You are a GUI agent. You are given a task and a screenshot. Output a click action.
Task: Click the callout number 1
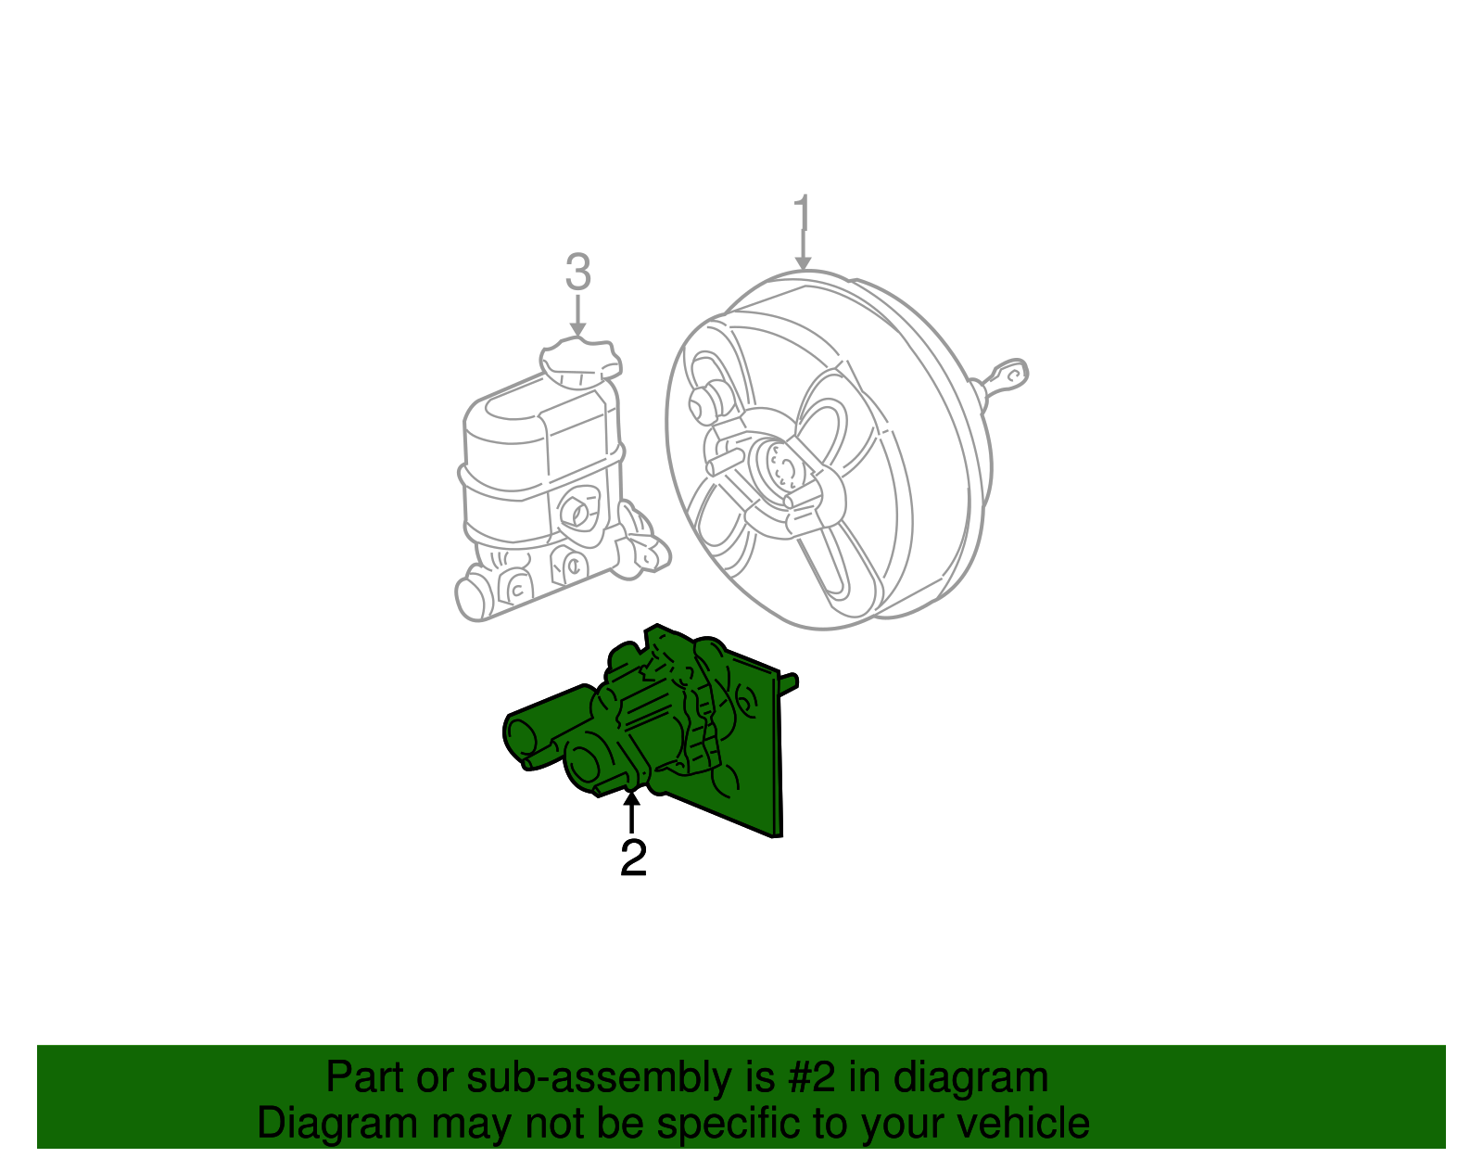point(803,214)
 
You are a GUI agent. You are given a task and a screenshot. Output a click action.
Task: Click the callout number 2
point(633,859)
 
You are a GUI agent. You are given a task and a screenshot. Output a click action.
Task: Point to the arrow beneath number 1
point(803,251)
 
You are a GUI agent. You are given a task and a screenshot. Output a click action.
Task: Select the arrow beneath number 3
point(577,316)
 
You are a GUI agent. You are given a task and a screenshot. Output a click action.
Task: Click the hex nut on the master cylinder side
point(576,511)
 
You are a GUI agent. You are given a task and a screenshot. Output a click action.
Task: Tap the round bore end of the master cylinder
point(472,598)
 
